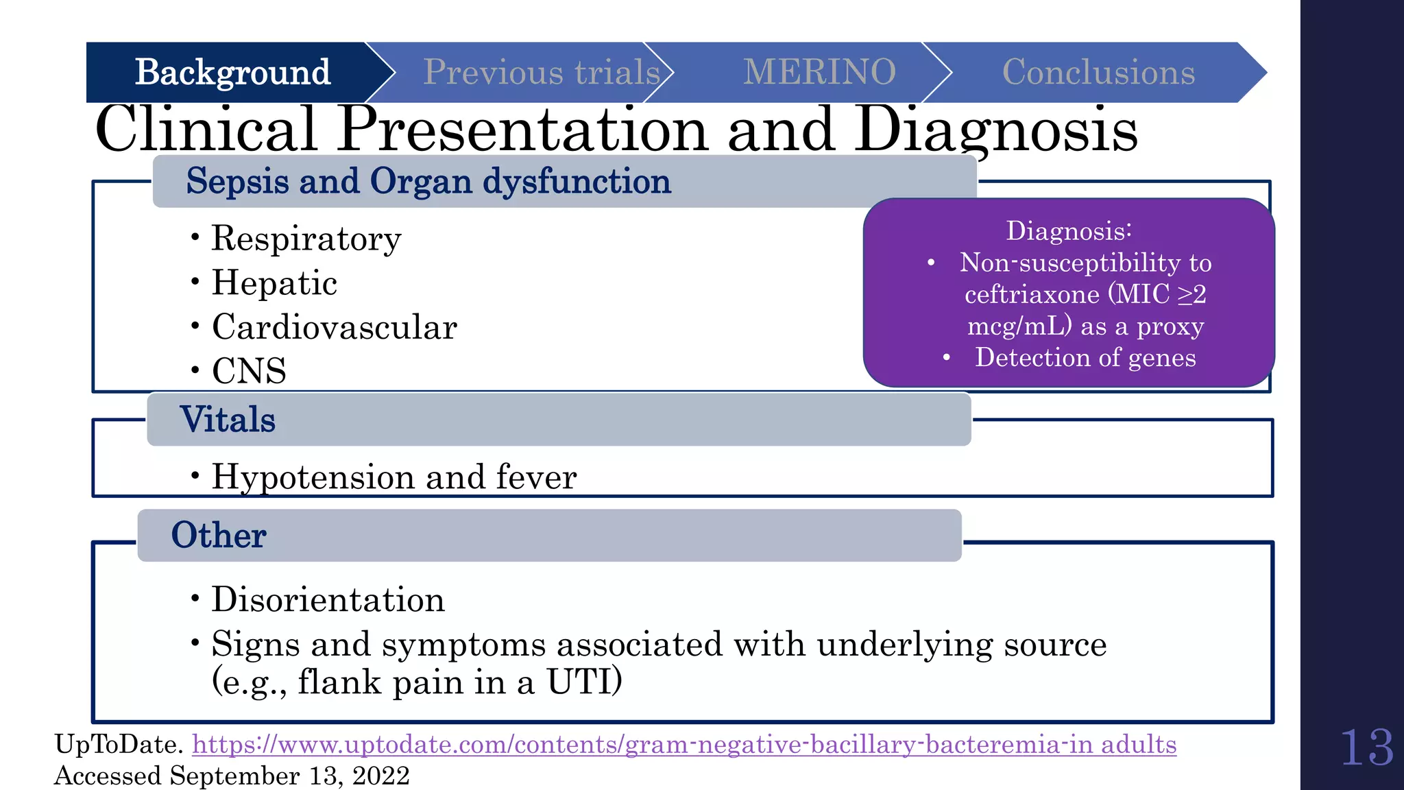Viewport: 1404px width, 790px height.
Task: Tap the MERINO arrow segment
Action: pos(819,73)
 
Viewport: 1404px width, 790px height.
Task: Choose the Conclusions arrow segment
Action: pos(1098,73)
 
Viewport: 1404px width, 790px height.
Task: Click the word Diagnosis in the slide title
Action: pos(995,130)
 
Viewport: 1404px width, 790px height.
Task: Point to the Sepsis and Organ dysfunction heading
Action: pos(428,182)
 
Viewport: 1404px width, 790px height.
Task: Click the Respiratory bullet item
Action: pos(306,239)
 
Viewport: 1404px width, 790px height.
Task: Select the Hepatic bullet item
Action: pos(274,283)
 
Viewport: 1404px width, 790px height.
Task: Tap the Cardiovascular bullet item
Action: pos(334,327)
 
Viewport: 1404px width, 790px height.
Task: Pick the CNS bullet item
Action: pos(249,371)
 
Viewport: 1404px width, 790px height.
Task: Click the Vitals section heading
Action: pos(228,420)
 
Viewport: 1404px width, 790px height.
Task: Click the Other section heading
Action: pos(219,536)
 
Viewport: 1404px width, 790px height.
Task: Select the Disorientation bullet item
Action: pos(328,600)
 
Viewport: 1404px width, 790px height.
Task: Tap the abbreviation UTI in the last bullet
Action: pos(583,682)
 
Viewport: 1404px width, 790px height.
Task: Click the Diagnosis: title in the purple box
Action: pos(1068,231)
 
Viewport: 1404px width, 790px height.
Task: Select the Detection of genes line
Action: pos(1085,358)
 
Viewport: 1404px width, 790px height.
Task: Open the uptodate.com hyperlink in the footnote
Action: pos(683,745)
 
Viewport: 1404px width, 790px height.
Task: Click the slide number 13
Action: pos(1366,747)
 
